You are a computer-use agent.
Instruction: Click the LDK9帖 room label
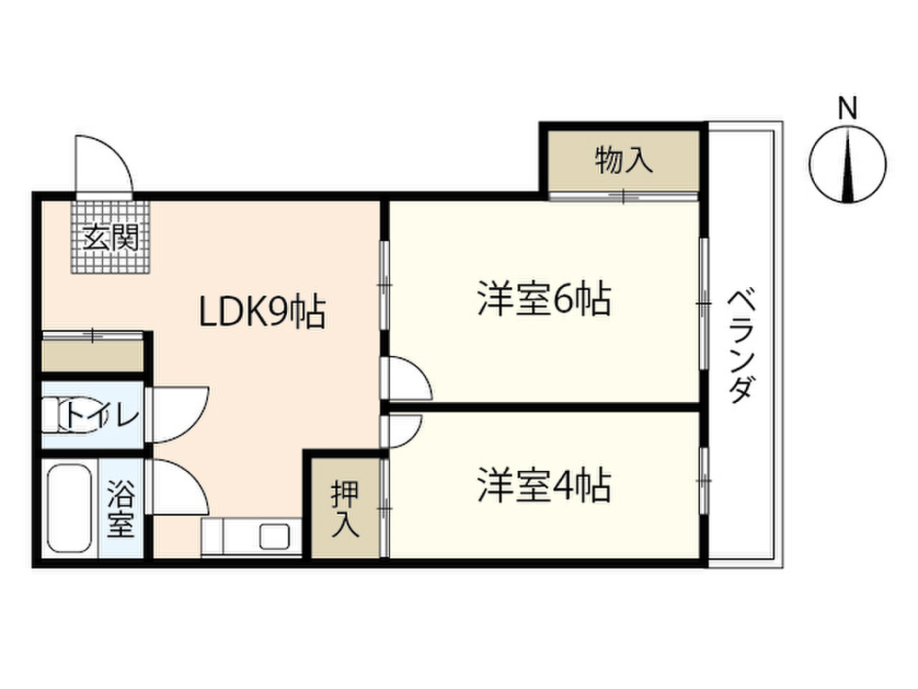(x=263, y=311)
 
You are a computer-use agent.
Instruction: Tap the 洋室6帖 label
(x=544, y=299)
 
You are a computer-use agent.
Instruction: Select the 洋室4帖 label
(x=544, y=485)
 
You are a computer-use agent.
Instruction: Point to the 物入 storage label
(x=624, y=160)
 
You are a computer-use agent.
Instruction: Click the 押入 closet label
(x=345, y=510)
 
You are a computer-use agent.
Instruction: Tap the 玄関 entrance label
(x=110, y=237)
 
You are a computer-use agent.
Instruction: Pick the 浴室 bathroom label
(x=121, y=510)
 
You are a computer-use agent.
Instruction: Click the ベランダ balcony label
(x=740, y=347)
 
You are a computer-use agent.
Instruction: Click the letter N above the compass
(x=847, y=109)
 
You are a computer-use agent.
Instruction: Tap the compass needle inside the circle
(x=848, y=167)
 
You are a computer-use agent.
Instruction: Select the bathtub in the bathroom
(x=69, y=509)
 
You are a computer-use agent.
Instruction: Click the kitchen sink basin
(x=274, y=536)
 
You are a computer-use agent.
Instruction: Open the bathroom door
(x=178, y=487)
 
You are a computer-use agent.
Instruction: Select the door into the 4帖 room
(x=403, y=432)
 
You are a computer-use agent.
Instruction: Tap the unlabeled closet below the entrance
(x=92, y=353)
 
